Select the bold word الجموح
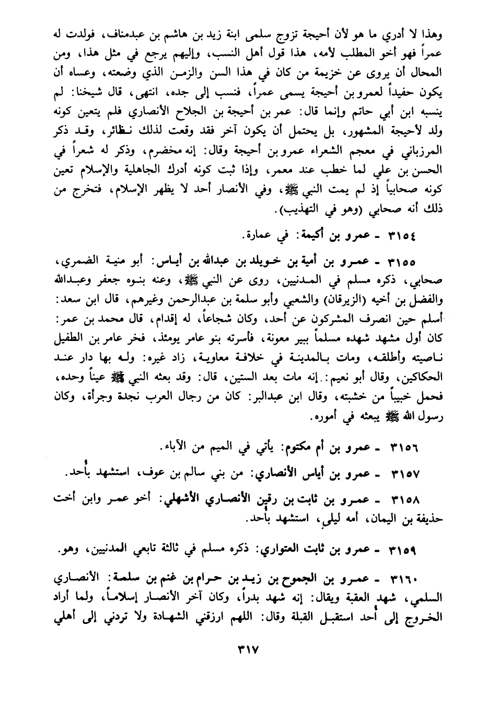(x=303, y=580)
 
